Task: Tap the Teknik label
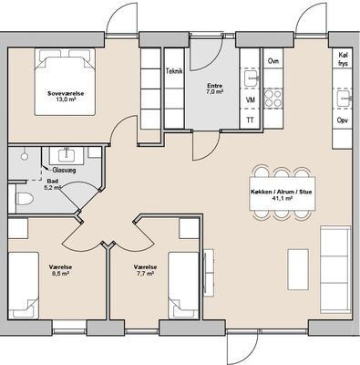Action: point(174,71)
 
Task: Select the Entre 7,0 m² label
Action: point(214,89)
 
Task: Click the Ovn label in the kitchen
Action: point(273,61)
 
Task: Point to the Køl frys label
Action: point(343,59)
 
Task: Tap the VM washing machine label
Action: point(250,99)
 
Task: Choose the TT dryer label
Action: point(250,120)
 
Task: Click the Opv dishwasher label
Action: point(343,120)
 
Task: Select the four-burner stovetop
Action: point(273,99)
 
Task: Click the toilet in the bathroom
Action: point(25,199)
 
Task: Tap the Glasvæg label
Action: point(64,170)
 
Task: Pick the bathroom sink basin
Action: point(65,154)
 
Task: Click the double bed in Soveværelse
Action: point(65,82)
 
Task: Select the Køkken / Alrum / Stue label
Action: point(282,192)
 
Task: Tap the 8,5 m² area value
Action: point(60,274)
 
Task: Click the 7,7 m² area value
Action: point(145,274)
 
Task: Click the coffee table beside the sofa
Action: point(298,269)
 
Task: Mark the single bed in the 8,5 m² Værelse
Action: point(24,286)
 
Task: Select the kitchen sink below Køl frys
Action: point(343,98)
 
